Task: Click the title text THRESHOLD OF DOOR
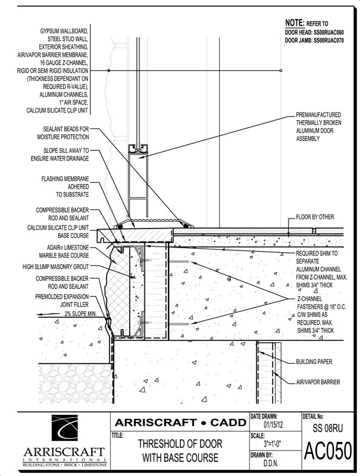[177, 444]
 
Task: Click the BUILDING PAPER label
[314, 361]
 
